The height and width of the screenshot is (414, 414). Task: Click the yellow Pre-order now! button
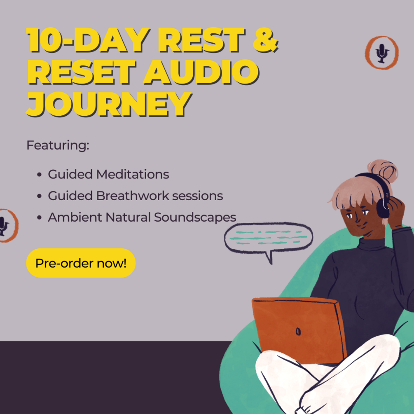tap(81, 263)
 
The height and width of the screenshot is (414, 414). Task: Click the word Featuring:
tap(58, 145)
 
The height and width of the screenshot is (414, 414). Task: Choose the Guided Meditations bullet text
tap(108, 174)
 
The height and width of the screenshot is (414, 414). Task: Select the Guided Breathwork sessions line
tap(135, 196)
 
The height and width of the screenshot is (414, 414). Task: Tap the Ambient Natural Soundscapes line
tap(142, 217)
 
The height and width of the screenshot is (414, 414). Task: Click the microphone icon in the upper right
tap(382, 52)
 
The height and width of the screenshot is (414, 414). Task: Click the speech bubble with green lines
tap(268, 238)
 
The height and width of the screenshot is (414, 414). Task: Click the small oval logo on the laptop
tap(298, 331)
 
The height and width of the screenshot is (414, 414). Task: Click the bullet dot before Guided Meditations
tap(39, 175)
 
